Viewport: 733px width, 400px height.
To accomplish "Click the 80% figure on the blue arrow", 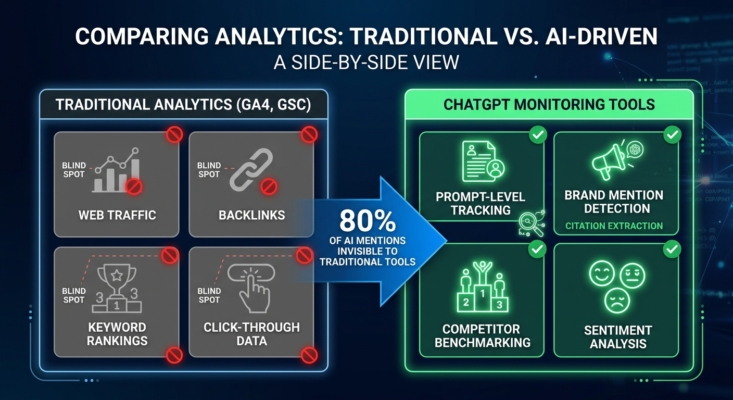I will [367, 221].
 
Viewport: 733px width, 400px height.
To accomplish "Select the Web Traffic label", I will [117, 215].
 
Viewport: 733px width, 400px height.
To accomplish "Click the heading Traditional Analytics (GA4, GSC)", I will [183, 105].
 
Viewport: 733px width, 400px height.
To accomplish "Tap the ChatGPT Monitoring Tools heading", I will [549, 104].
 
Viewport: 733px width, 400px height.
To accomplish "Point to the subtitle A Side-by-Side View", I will [366, 63].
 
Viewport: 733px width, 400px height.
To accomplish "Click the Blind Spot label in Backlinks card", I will [209, 170].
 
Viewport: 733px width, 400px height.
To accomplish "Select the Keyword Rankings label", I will [117, 334].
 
